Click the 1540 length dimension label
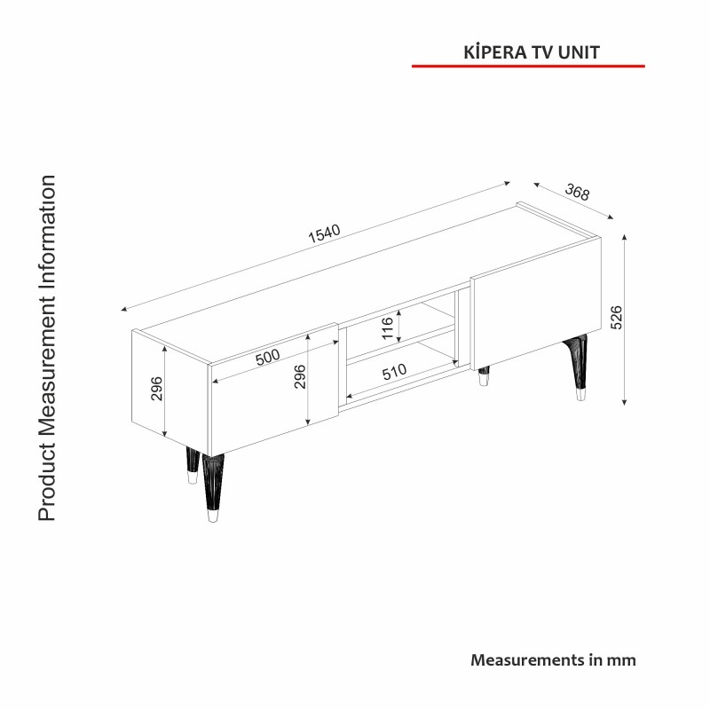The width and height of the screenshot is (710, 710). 324,233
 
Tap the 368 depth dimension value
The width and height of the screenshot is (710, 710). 578,192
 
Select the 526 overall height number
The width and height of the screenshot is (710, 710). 617,317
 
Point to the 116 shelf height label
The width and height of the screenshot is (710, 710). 388,327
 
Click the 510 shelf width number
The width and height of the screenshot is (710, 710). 394,372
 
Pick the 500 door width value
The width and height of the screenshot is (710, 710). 268,358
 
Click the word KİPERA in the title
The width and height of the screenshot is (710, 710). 495,52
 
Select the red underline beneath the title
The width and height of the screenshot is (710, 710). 528,66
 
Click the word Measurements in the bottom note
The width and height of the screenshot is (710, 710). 527,659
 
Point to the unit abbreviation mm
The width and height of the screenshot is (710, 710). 621,660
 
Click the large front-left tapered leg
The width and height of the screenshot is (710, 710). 213,487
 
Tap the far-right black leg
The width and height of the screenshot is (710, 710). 578,367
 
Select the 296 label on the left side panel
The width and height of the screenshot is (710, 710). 157,389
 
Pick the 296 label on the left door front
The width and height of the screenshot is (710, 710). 300,376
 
